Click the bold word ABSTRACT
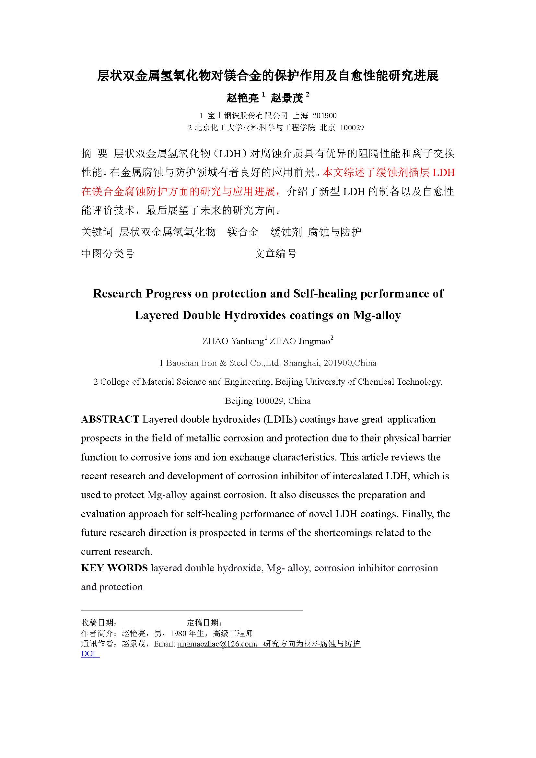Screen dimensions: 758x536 pyautogui.click(x=110, y=419)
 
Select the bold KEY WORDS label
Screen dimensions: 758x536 pyautogui.click(x=114, y=568)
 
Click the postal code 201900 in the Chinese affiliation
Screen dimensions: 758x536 pyautogui.click(x=324, y=116)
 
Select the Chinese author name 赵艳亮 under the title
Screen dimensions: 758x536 pyautogui.click(x=243, y=98)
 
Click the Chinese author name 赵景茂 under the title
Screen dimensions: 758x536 pyautogui.click(x=287, y=98)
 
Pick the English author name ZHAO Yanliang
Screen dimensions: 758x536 pyautogui.click(x=233, y=341)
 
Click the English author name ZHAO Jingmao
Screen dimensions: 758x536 pyautogui.click(x=300, y=341)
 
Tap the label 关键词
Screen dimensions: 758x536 pyautogui.click(x=97, y=232)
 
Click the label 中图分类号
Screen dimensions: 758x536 pyautogui.click(x=108, y=253)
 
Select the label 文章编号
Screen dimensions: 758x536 pyautogui.click(x=275, y=253)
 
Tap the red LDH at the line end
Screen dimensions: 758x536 pyautogui.click(x=444, y=172)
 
